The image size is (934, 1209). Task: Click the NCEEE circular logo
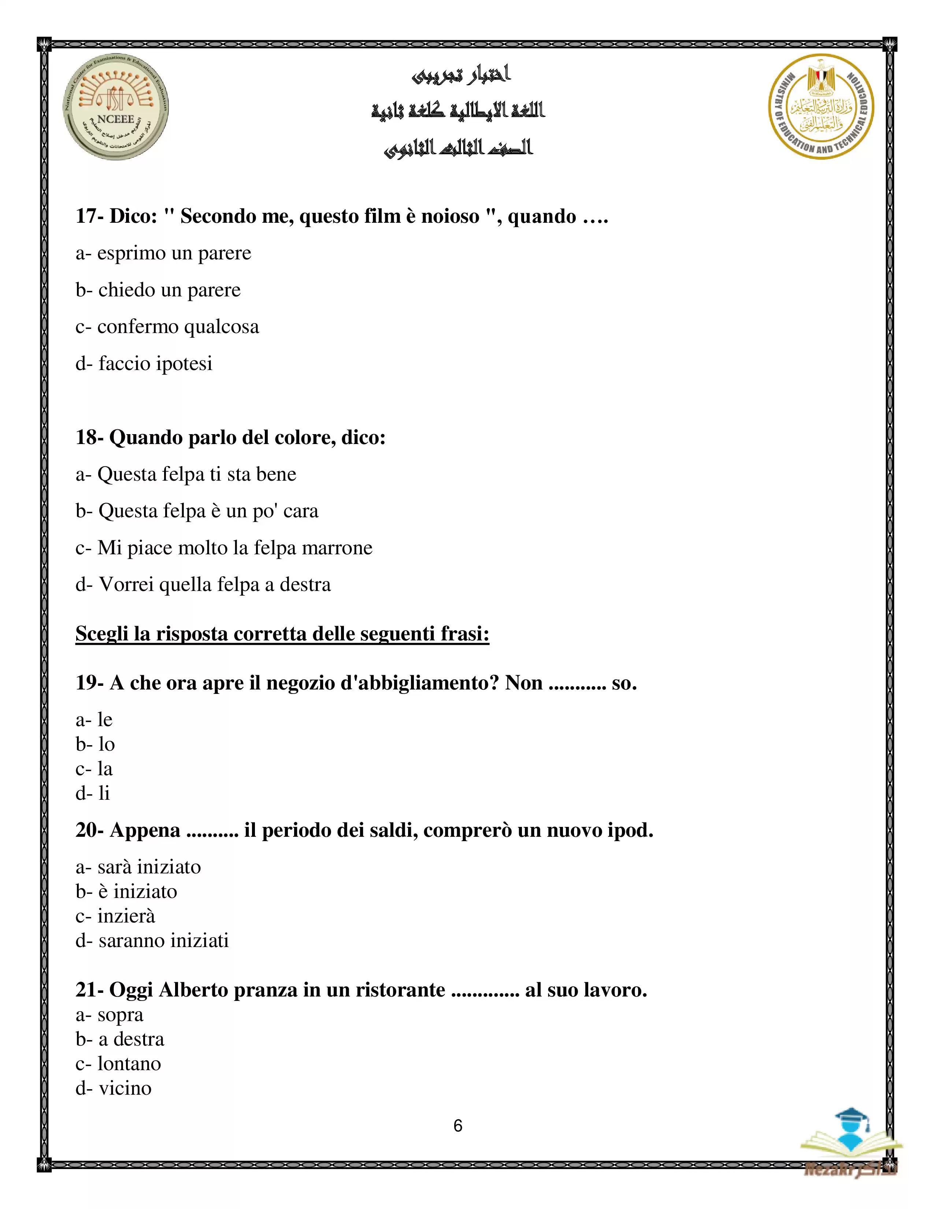[x=116, y=107]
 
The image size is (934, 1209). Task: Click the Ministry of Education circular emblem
[x=821, y=107]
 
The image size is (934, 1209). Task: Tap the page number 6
[x=457, y=1125]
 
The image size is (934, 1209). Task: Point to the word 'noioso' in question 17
[x=450, y=216]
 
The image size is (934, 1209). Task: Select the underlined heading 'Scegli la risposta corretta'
[x=282, y=633]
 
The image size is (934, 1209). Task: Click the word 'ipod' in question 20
[x=631, y=830]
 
